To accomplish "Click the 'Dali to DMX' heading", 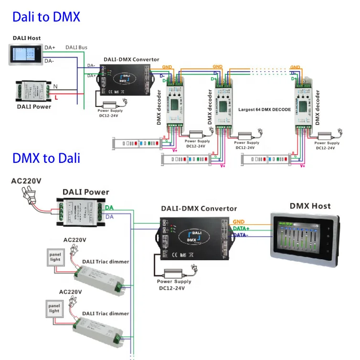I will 46,17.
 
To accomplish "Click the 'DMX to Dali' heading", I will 46,158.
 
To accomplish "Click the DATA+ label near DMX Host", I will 242,229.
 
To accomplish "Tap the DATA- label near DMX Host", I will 241,235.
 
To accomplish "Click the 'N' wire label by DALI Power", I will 55,86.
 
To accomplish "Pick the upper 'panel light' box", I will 55,256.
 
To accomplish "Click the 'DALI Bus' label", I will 76,47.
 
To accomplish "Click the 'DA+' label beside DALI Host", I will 50,48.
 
